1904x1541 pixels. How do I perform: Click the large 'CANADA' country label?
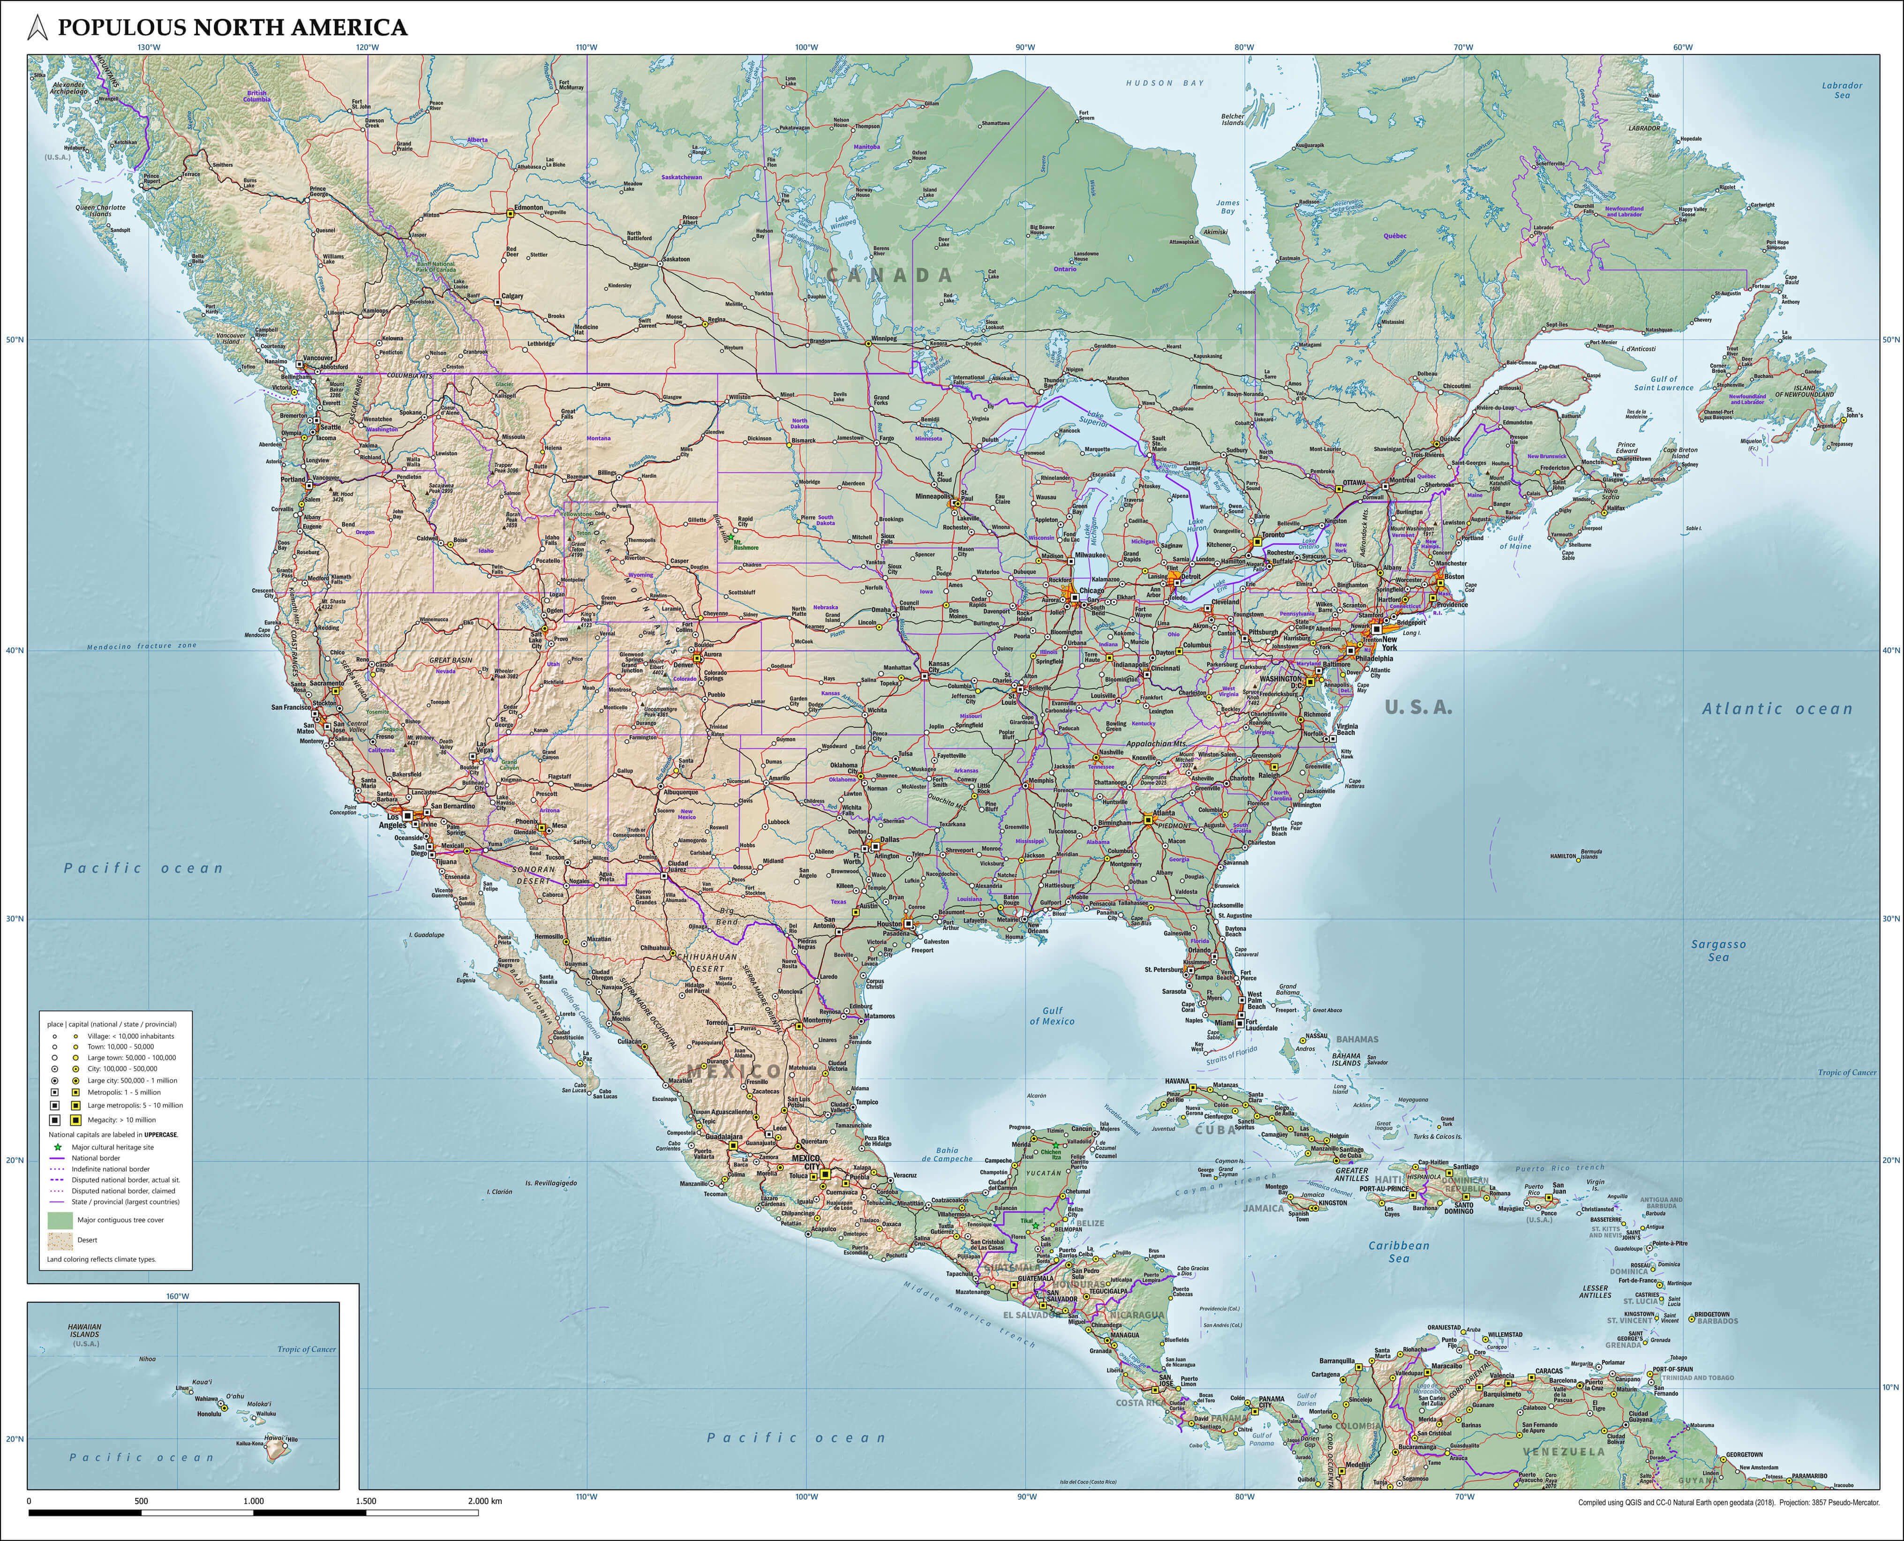pos(889,275)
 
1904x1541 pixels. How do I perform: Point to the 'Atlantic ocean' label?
pos(1777,709)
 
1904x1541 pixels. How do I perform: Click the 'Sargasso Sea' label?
pos(1718,951)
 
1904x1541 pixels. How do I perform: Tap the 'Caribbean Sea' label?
pos(1399,1252)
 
